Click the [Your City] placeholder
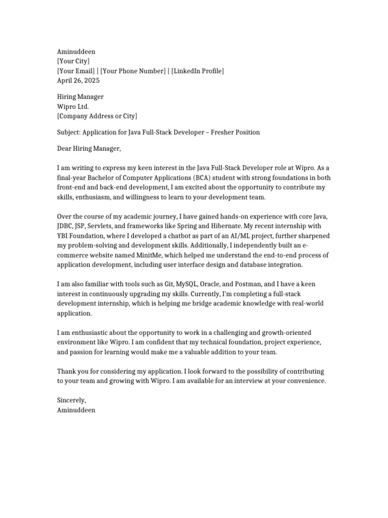point(74,61)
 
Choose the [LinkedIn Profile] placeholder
point(198,71)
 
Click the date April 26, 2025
point(78,80)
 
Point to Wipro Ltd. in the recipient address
point(73,106)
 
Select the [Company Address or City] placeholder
point(97,116)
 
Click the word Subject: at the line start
point(69,132)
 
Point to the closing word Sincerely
point(72,400)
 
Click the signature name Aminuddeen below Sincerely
point(76,410)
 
